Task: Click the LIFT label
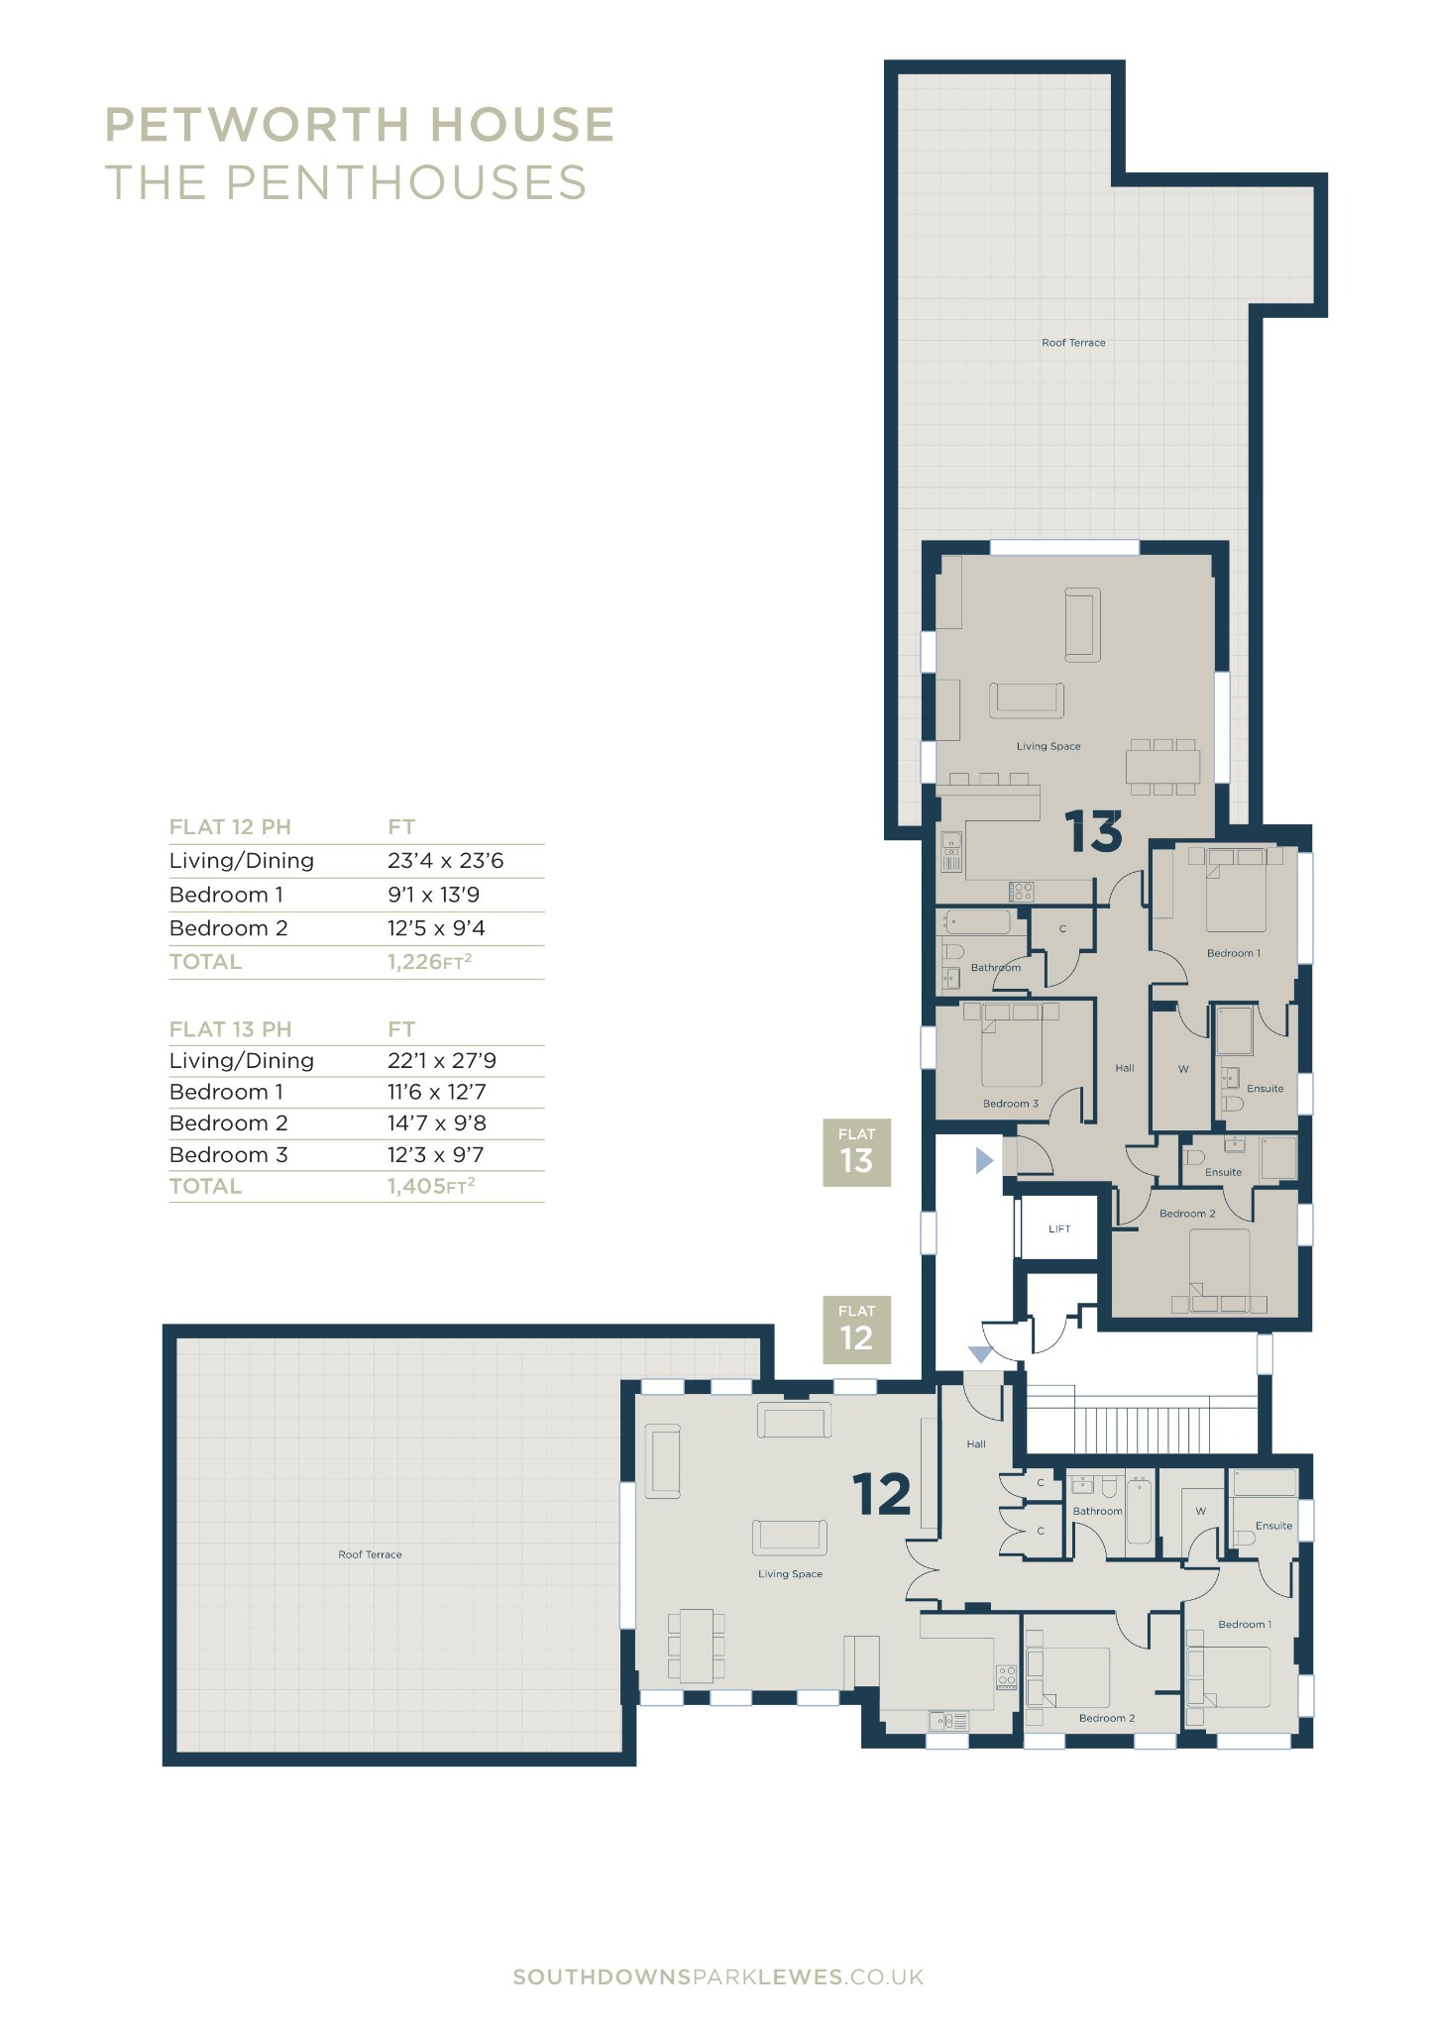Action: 1059,1228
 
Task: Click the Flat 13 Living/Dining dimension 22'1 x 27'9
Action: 442,1060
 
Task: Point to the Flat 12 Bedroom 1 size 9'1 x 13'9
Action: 433,895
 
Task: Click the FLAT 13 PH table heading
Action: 230,1028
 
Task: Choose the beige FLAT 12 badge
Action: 856,1330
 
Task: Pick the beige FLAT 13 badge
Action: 856,1152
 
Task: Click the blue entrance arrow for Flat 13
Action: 984,1160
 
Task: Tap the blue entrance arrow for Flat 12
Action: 980,1354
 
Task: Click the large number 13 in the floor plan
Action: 1094,832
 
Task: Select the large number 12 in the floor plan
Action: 881,1494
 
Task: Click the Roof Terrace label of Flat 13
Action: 1073,343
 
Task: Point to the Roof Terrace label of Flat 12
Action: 370,1554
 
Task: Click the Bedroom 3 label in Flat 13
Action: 1011,1104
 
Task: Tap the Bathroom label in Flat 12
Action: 1097,1511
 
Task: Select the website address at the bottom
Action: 718,1976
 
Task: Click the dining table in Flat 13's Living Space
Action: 1162,767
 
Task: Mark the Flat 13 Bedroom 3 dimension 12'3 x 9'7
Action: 436,1154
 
